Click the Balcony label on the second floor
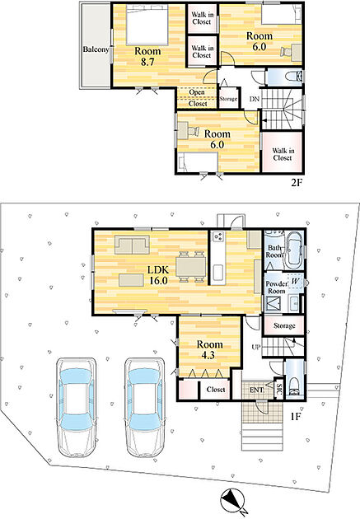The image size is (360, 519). point(96,49)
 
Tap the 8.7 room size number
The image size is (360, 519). point(147,62)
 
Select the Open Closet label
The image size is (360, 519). point(198,98)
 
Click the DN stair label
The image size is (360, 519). point(254,99)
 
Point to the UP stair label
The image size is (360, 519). point(256,347)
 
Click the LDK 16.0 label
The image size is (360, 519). point(158,274)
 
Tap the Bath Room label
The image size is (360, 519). point(274,251)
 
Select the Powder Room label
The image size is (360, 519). point(277,288)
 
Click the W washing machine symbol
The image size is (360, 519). point(296,282)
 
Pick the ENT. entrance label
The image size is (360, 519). point(257,390)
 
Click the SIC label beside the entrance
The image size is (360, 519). point(279,389)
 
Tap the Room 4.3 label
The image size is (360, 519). point(210,349)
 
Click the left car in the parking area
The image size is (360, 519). point(77,407)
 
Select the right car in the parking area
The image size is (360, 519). point(145,407)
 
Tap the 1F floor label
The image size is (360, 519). point(295,416)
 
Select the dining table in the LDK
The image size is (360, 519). point(191,266)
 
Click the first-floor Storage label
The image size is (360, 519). point(284,325)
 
